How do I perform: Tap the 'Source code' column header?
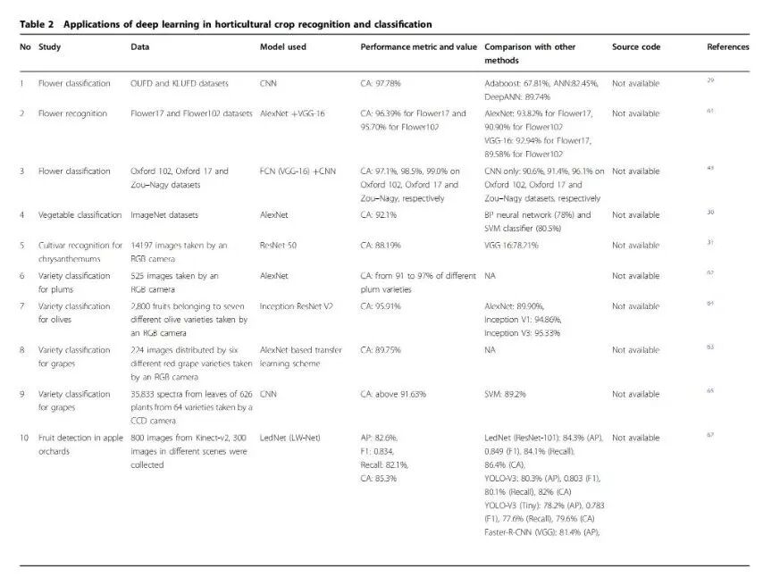click(636, 46)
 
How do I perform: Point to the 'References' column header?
click(727, 46)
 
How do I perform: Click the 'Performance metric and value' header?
click(419, 46)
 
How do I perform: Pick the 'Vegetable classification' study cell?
click(80, 214)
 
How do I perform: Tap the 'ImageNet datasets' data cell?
click(164, 214)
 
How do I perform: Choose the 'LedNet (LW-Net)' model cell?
click(289, 438)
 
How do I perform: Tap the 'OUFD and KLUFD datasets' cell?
click(180, 83)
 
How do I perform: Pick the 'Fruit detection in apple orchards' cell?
click(80, 444)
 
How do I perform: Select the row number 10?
click(25, 438)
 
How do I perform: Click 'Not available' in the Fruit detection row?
click(635, 438)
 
